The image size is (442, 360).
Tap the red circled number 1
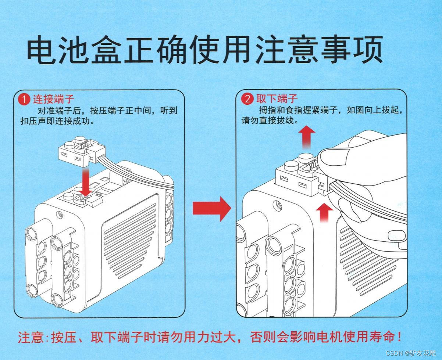click(25, 99)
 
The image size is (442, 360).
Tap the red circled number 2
click(247, 98)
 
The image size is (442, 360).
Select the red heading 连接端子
click(54, 99)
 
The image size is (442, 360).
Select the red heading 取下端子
click(277, 98)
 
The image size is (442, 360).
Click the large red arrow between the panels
click(211, 208)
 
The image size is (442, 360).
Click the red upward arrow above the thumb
click(306, 137)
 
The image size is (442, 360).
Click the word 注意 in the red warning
click(30, 337)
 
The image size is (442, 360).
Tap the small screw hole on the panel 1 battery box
click(58, 213)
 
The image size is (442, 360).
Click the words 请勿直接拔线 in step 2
click(269, 120)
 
